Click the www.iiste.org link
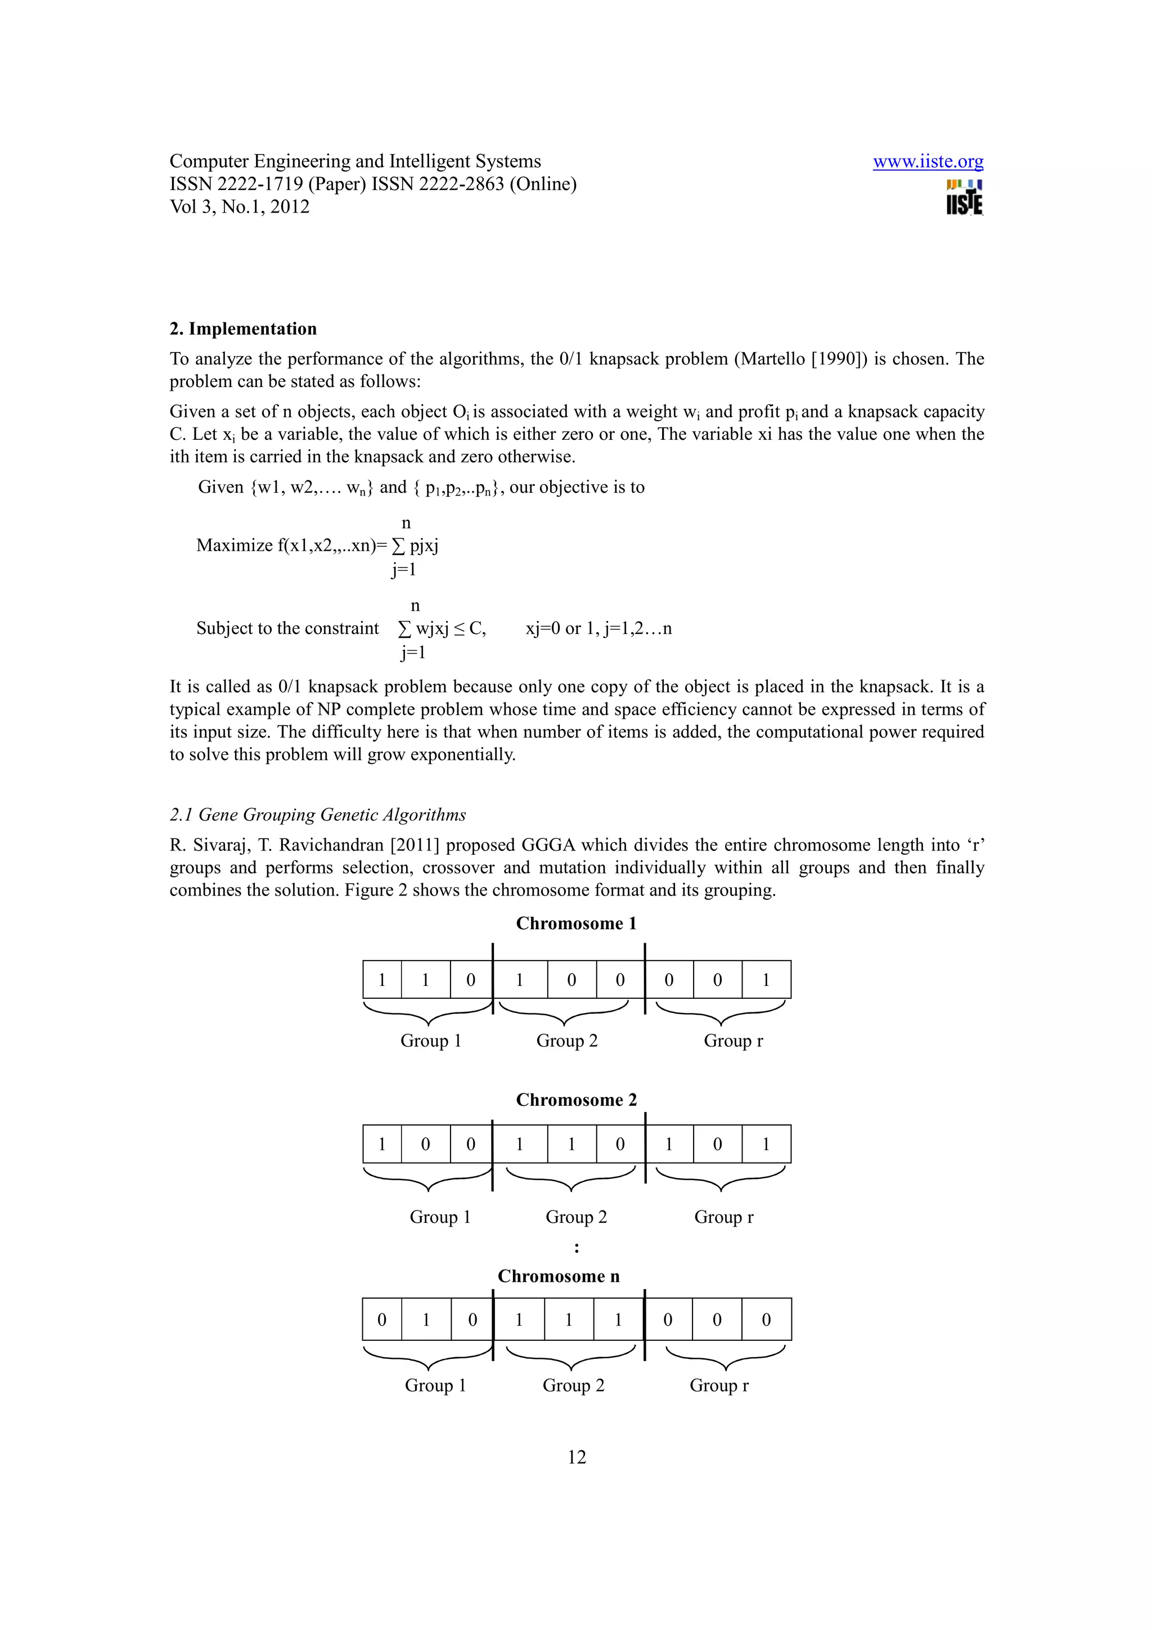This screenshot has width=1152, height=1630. [927, 162]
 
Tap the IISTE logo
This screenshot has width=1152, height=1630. [964, 197]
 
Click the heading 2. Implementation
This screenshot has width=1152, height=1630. [243, 328]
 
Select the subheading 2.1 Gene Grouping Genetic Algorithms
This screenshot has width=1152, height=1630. [317, 814]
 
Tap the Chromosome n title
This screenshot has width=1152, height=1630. [558, 1276]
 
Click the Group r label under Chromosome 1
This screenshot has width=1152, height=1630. [732, 1041]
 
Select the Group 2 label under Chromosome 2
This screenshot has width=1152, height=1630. [575, 1217]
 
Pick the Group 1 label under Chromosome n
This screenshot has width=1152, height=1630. [435, 1385]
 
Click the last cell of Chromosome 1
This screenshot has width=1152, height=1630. [766, 980]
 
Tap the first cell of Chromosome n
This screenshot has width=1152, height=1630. [382, 1319]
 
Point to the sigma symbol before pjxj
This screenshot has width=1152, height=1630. [399, 546]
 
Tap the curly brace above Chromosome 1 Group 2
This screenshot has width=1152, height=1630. [564, 1012]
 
